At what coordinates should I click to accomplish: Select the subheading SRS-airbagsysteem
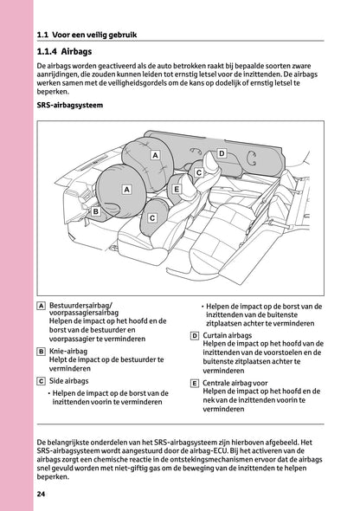coord(71,107)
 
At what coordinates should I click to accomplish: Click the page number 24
coord(42,494)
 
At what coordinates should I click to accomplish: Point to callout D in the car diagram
coord(222,153)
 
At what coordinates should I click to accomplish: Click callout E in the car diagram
coord(176,188)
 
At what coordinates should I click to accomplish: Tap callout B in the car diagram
coord(97,210)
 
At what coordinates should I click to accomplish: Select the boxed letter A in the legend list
coord(42,306)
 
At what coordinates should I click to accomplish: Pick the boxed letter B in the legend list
coord(42,352)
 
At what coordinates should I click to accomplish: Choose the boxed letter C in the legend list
coord(42,380)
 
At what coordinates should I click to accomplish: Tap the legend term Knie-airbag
coord(70,352)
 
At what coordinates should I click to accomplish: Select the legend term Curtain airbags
coord(228,334)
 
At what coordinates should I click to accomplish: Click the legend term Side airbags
coord(69,380)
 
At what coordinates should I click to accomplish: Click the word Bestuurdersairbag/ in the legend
coord(86,305)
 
